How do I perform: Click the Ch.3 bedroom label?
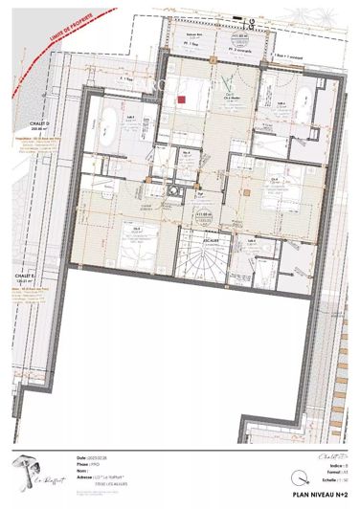[138, 229]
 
